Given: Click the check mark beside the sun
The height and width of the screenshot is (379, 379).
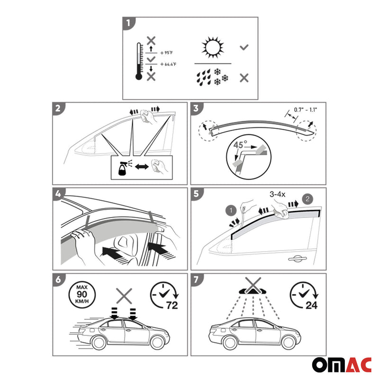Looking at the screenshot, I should point(244,47).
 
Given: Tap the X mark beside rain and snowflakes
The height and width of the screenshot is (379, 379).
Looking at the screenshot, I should point(244,78).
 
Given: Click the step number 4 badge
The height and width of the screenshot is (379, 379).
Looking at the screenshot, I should point(58,194).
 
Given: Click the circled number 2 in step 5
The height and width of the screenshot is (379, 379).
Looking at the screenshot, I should point(309,199).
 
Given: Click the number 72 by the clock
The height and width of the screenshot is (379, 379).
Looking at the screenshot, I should point(171,305).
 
